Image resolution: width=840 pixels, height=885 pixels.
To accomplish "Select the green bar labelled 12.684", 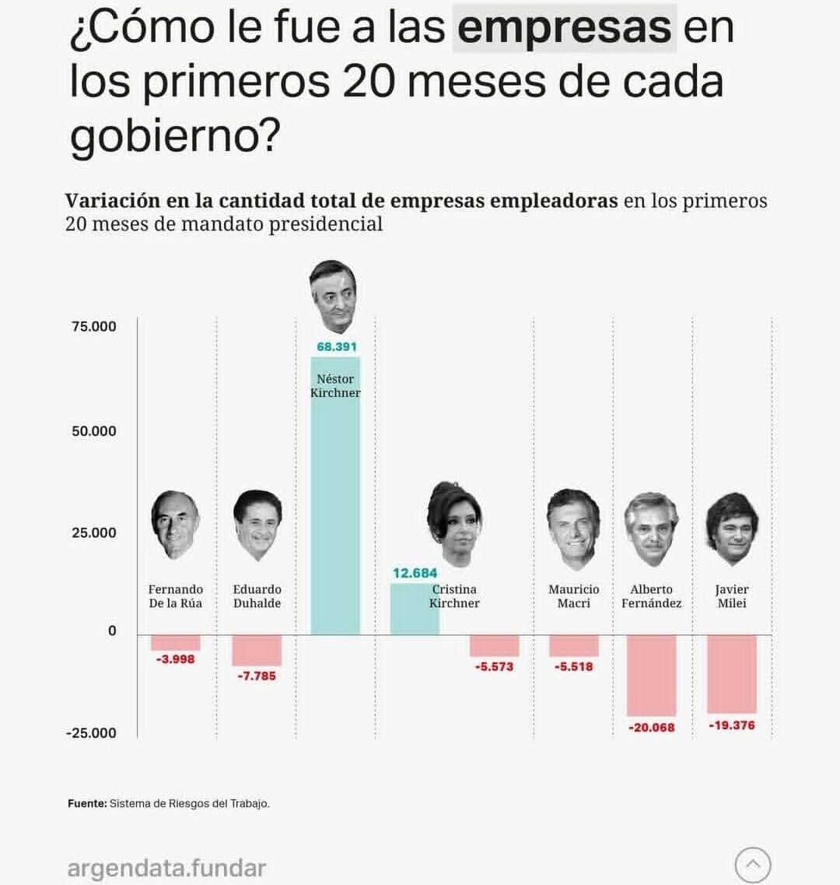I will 414,611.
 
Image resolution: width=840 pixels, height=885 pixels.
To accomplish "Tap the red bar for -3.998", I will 175,643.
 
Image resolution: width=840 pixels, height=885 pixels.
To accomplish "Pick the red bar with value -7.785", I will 257,651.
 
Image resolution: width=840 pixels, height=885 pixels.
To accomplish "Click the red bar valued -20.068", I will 651,676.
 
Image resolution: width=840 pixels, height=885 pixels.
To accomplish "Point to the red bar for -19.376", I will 731,674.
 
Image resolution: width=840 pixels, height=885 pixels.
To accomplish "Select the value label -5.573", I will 495,667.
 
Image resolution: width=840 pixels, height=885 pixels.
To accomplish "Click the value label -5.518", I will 574,667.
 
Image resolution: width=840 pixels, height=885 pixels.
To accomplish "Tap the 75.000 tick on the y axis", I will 94,327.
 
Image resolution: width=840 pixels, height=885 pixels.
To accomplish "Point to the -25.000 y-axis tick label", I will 91,733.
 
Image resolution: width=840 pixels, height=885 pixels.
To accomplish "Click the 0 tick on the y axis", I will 112,631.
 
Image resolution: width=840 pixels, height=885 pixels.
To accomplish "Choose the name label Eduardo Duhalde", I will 257,596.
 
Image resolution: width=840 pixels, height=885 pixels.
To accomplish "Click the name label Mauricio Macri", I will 574,596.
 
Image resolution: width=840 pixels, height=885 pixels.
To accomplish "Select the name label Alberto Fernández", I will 652,596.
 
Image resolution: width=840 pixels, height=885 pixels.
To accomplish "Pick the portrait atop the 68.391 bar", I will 334,297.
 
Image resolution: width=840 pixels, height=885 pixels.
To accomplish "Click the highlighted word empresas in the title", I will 564,27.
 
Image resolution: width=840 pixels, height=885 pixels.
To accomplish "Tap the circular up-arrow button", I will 752,865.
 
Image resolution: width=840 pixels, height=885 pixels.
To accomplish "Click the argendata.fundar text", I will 166,869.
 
